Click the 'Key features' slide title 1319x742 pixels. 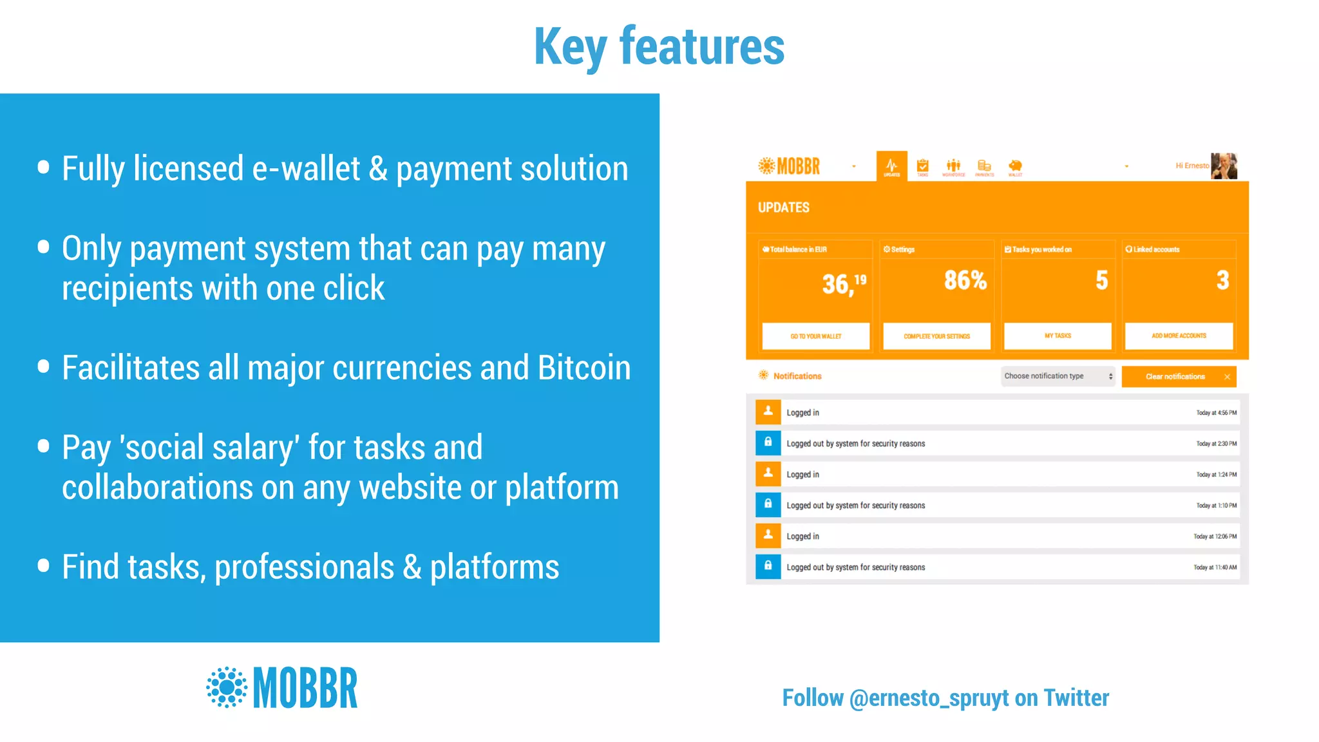point(659,46)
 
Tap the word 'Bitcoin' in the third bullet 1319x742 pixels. point(584,368)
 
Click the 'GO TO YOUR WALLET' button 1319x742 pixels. point(815,336)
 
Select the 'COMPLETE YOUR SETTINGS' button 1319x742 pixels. point(936,336)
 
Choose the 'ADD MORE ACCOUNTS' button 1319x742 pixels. point(1179,336)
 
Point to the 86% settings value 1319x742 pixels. point(965,280)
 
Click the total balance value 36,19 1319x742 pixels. point(843,283)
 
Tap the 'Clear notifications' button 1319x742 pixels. point(1178,377)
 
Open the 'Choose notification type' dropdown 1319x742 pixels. point(1058,376)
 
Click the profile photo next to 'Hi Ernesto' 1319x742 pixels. point(1224,166)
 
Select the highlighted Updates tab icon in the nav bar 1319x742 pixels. point(891,166)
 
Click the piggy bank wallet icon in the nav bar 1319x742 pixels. point(1015,166)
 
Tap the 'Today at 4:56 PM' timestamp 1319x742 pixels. point(1216,413)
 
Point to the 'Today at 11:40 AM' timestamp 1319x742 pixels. point(1215,567)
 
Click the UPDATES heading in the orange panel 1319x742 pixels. point(783,207)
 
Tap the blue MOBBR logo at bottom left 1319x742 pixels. point(282,688)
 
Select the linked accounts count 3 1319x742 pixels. point(1222,280)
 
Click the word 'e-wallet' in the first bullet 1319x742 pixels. point(306,169)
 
